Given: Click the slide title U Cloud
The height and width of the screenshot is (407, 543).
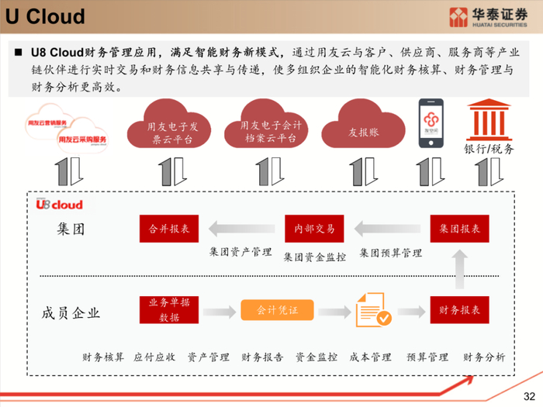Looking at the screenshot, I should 46,16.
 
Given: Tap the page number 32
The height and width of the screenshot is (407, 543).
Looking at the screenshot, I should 528,395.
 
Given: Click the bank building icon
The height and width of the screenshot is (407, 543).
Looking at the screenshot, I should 489,119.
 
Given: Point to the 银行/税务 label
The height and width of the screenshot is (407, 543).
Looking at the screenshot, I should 489,149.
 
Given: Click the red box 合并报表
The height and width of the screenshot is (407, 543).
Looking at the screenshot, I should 169,229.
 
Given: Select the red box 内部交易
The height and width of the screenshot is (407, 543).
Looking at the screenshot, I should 314,229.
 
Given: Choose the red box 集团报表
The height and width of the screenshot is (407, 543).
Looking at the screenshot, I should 460,229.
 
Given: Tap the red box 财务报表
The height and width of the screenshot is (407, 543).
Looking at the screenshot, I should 460,310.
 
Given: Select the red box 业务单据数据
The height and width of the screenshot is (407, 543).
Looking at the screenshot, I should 169,310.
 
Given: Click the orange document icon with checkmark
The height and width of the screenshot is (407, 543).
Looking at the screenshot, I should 372,309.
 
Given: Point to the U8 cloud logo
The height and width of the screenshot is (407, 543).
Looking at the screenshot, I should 59,205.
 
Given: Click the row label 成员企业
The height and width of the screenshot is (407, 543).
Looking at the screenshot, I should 71,313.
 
